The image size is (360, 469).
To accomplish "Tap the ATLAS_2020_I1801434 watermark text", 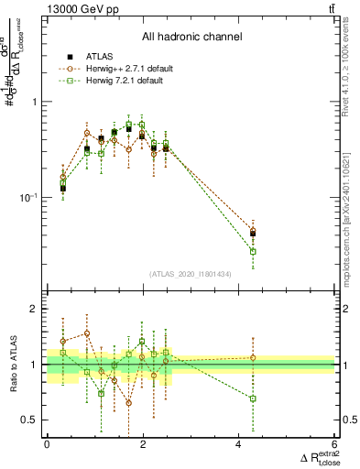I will [191, 274].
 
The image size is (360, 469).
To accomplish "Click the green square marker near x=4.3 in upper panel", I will [253, 251].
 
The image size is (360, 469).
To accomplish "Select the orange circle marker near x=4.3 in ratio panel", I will [253, 357].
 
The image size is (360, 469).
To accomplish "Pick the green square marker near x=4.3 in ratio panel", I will [253, 398].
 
